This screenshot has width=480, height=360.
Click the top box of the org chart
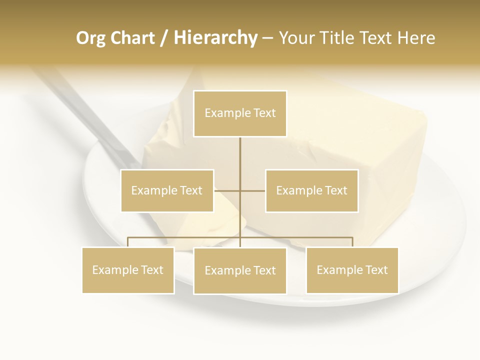[x=240, y=113]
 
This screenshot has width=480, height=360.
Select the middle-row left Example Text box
[x=167, y=190]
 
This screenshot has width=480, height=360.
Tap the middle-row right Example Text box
[x=311, y=190]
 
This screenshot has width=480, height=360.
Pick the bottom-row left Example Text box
[x=128, y=270]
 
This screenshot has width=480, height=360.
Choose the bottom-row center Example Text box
[x=240, y=270]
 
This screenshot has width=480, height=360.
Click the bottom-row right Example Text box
[x=352, y=270]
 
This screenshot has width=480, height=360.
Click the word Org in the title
[x=90, y=38]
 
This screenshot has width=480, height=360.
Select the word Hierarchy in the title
[x=215, y=38]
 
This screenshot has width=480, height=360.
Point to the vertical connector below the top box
[x=240, y=160]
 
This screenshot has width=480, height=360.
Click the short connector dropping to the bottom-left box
[x=128, y=242]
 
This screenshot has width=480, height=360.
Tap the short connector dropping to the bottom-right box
[x=352, y=242]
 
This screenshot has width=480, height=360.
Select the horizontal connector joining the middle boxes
[x=227, y=190]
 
